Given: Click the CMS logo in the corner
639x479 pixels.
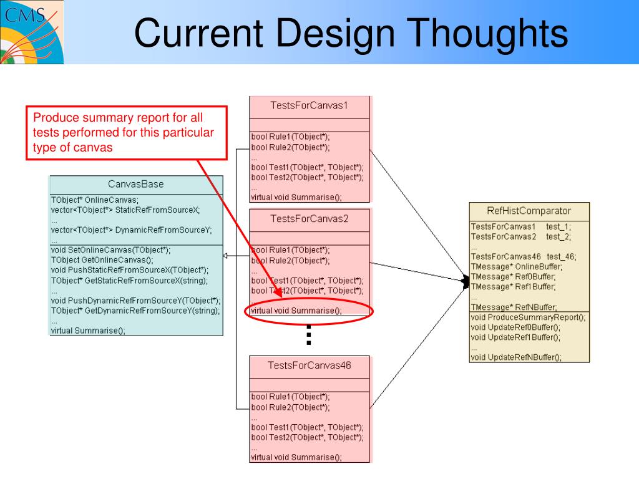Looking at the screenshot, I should point(31,31).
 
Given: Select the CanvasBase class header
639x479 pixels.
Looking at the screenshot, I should point(136,184).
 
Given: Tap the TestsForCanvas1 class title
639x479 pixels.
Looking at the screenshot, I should point(310,105).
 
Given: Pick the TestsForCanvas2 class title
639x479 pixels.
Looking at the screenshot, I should point(310,218).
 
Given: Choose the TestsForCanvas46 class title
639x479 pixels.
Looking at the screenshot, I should point(310,365).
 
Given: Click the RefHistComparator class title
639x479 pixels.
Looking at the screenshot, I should point(529,210).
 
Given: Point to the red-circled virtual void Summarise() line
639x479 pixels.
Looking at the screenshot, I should point(296,311).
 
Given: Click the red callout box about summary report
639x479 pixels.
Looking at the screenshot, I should point(125,132).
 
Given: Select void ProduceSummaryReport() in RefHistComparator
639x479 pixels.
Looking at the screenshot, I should point(528,317).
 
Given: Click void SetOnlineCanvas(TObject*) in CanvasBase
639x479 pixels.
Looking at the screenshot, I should point(110,249).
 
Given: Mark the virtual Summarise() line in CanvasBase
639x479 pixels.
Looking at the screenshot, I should point(88,331).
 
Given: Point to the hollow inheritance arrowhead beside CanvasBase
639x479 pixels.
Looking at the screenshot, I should point(226,256).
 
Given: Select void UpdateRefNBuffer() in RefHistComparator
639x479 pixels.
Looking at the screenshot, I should point(516,357).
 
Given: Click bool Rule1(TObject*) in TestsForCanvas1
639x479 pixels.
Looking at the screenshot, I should point(290,137).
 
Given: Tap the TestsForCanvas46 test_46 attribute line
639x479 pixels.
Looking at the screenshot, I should point(524,256).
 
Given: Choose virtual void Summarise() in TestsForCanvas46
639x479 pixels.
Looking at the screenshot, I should point(296,457).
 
